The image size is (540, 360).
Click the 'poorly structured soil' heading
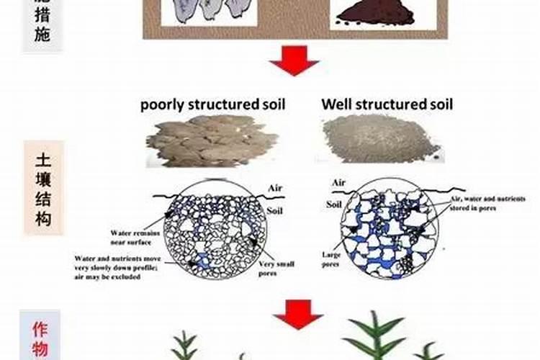(212, 104)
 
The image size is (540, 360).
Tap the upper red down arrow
(294, 60)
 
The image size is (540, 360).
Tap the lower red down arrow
(297, 314)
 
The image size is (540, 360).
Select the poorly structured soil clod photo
(212, 140)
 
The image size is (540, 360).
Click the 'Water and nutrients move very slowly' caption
(120, 265)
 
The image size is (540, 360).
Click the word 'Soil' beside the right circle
(334, 204)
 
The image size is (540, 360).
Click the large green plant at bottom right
(377, 338)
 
